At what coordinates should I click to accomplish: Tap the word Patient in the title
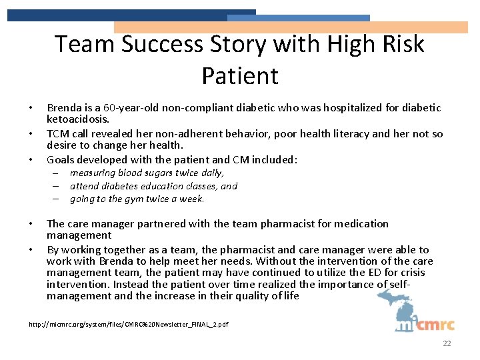pos(240,75)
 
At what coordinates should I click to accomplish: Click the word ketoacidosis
pos(77,119)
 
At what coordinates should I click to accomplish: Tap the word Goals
pos(61,159)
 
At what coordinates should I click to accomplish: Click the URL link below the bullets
pos(129,324)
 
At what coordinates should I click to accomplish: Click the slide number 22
pos(447,343)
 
